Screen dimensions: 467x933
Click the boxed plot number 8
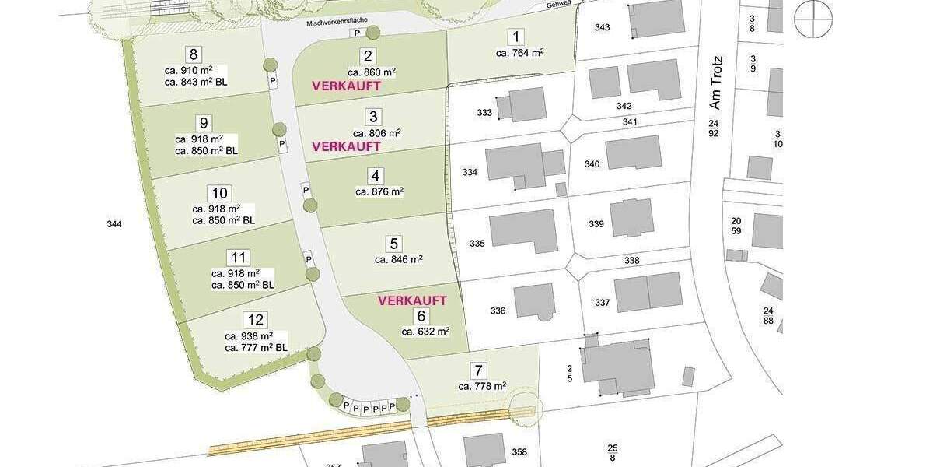click(194, 54)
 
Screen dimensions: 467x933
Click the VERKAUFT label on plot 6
click(412, 300)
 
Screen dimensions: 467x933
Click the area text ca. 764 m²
click(519, 53)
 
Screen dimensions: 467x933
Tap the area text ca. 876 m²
click(379, 191)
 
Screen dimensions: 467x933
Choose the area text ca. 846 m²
click(398, 260)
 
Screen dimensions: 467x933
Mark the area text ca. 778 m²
click(482, 386)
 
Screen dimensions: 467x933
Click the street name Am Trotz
click(716, 81)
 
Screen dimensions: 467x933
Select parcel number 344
click(114, 224)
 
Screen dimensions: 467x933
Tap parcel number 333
click(484, 113)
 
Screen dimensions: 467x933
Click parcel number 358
click(519, 452)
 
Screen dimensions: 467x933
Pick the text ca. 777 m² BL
click(256, 348)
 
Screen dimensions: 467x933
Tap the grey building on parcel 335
click(524, 230)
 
